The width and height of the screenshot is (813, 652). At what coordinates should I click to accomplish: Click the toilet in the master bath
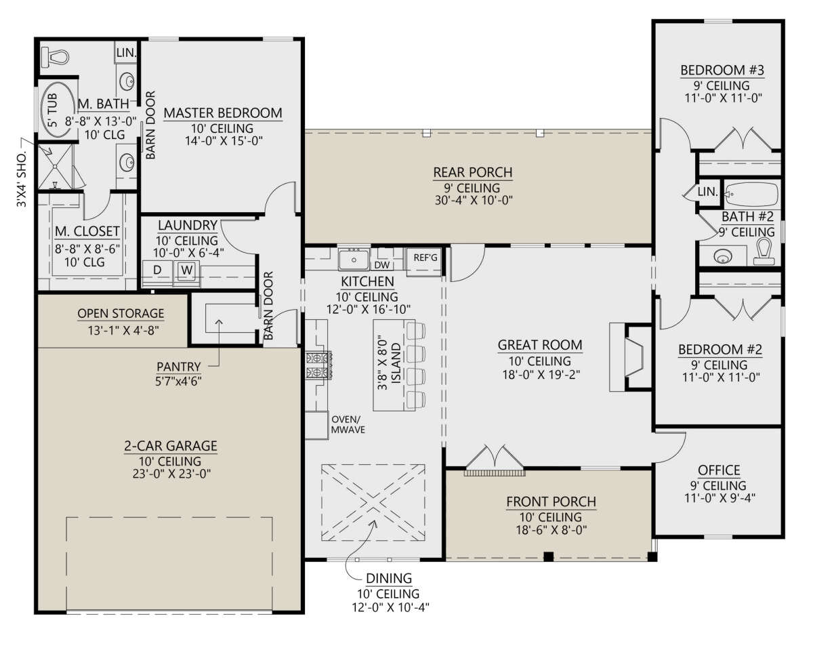(x=55, y=57)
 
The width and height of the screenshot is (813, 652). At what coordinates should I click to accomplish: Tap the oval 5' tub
(x=57, y=110)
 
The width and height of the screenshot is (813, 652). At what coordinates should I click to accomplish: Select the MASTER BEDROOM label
(x=223, y=113)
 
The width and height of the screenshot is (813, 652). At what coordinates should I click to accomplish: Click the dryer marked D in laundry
(x=158, y=270)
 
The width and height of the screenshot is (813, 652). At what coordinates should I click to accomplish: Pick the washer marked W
(x=186, y=270)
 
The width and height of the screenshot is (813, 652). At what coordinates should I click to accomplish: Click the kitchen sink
(x=354, y=260)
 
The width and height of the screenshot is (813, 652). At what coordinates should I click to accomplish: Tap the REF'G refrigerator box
(x=425, y=261)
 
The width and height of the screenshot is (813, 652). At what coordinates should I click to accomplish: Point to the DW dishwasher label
(x=381, y=265)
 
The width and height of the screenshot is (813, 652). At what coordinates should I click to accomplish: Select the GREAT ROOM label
(x=540, y=345)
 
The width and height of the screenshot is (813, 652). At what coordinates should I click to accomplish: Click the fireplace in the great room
(x=630, y=357)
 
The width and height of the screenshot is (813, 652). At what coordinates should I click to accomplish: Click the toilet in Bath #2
(x=764, y=251)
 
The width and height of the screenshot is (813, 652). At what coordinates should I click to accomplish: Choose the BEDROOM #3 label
(x=722, y=70)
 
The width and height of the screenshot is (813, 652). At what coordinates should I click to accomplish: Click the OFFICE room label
(x=719, y=470)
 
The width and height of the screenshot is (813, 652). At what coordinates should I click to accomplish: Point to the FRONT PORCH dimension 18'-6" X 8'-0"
(x=551, y=529)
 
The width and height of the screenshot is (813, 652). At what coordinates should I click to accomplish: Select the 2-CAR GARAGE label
(x=171, y=446)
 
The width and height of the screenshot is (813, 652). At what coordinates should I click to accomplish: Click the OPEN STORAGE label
(x=121, y=313)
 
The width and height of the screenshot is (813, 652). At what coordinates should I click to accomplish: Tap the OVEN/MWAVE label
(x=348, y=424)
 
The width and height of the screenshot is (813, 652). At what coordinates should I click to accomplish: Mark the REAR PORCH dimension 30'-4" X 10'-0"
(x=474, y=200)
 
